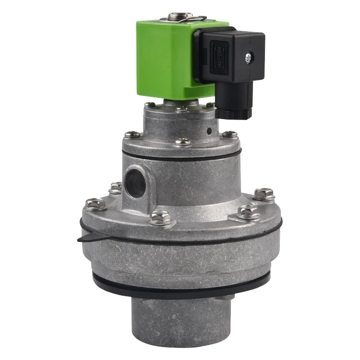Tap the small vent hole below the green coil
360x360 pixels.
pyautogui.click(x=209, y=131)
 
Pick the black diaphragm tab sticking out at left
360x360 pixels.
pyautogui.click(x=86, y=239)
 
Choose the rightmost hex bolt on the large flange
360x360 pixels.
pyautogui.click(x=263, y=194)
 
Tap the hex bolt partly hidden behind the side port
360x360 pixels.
pyautogui.click(x=115, y=188)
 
